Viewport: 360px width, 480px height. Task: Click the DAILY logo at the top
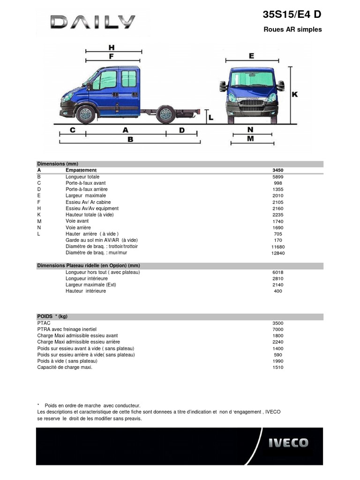coord(92,22)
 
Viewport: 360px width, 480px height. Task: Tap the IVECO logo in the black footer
coord(288,443)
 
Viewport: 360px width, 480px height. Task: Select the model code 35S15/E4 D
coord(292,15)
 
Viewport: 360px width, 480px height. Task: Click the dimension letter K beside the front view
coord(295,94)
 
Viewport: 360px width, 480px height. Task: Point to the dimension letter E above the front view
coord(251,56)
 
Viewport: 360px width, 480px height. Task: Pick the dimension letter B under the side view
coord(130,139)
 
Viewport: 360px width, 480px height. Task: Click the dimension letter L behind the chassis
coord(210,118)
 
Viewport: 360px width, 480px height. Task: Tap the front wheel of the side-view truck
coord(85,114)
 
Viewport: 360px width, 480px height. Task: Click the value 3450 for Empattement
coord(278,170)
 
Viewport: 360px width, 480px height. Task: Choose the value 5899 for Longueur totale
coord(278,177)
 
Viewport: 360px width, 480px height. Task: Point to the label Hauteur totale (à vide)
coord(90,215)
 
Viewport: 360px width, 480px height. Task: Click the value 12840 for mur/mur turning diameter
coord(278,253)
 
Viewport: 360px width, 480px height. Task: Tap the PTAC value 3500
coord(278,323)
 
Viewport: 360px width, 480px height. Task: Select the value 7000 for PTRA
coord(278,330)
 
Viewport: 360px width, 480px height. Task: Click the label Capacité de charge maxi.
coord(65,367)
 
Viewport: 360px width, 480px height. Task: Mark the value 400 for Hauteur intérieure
coord(278,291)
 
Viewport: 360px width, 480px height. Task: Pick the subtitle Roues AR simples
coord(293,30)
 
